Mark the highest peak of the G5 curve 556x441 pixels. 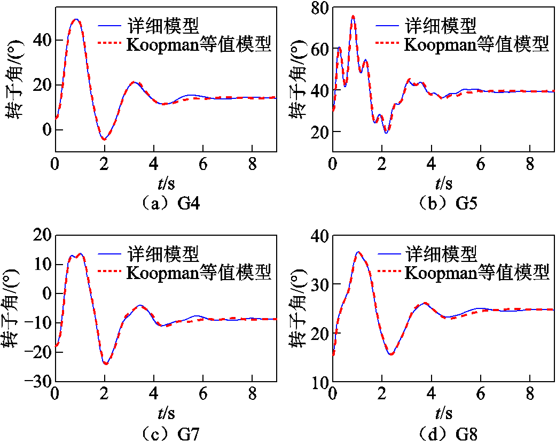pyautogui.click(x=353, y=16)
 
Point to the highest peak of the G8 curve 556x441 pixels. pyautogui.click(x=358, y=252)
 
